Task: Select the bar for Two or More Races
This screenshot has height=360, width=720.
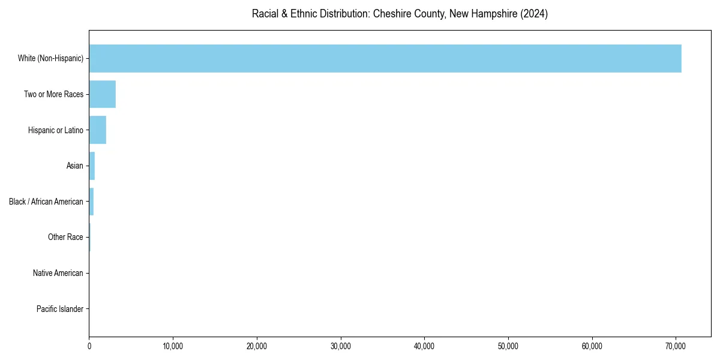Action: point(102,94)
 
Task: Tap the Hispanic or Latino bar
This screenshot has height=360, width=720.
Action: point(98,130)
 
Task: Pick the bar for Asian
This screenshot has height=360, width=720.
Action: point(92,166)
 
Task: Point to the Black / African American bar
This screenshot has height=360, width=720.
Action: point(91,202)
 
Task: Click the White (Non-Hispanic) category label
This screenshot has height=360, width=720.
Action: point(50,58)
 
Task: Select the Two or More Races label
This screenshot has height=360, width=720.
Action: point(53,94)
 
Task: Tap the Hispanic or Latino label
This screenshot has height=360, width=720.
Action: point(55,130)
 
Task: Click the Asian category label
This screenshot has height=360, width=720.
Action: point(74,166)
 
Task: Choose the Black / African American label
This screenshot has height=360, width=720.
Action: point(46,202)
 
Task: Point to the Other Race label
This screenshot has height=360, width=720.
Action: point(65,238)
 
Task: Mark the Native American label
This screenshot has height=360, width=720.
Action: point(58,273)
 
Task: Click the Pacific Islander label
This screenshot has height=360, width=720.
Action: point(60,309)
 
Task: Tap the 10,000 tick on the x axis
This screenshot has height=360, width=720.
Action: point(173,346)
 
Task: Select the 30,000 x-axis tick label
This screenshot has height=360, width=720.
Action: point(341,346)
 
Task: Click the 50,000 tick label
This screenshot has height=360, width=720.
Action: point(508,346)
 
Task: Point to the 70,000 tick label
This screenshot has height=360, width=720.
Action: point(676,346)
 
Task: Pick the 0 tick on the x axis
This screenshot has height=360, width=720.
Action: point(89,346)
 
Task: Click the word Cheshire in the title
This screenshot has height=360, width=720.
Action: point(392,14)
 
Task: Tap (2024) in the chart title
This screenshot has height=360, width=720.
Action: point(535,14)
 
